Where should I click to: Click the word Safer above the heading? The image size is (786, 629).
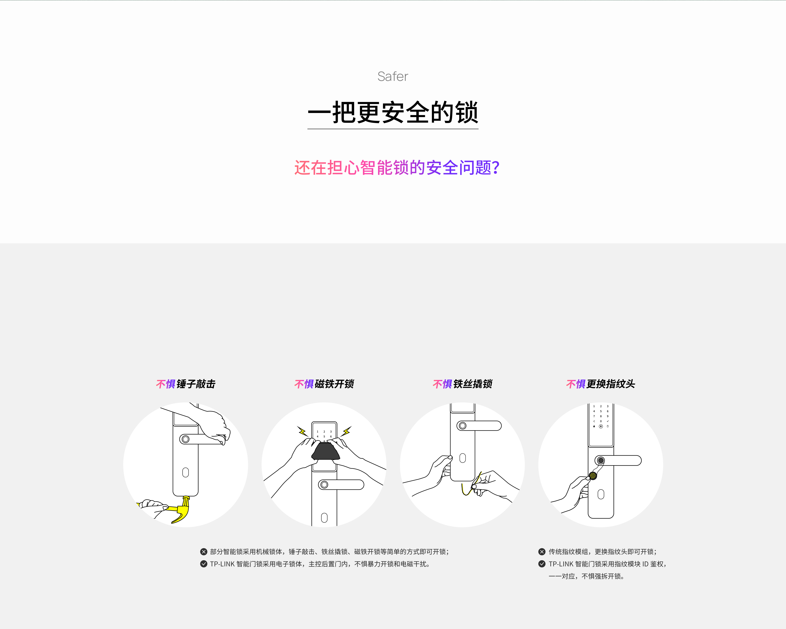coord(393,77)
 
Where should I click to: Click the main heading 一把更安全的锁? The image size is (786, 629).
coord(393,112)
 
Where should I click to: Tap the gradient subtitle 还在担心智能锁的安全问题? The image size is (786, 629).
coord(397,168)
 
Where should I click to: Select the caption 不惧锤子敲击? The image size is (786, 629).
coord(186,384)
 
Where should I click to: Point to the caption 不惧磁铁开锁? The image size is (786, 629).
coord(324,384)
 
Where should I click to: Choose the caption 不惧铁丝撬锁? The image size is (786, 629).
coord(462,384)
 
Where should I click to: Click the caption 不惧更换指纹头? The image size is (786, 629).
coord(600,384)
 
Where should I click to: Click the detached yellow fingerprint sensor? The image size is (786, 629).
coord(593,475)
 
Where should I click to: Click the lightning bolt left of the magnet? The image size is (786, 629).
coord(302,431)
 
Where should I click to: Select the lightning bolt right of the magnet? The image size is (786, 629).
coord(347,431)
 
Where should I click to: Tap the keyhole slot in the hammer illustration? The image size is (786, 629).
coord(186,473)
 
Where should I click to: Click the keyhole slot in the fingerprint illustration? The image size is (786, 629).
coord(601,495)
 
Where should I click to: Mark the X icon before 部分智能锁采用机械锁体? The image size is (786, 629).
coord(204,552)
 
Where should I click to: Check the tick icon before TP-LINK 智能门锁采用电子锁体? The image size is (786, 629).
coord(204,564)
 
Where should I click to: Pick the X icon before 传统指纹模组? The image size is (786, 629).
coord(542,552)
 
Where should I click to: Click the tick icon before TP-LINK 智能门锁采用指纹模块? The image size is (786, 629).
coord(542,564)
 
